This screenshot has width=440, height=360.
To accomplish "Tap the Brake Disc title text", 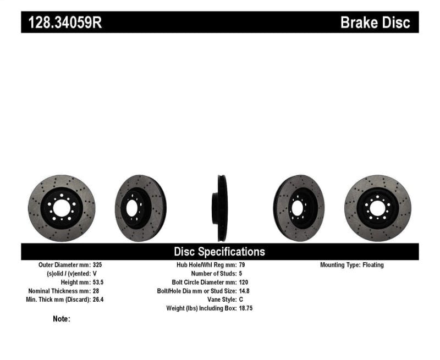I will tap(375, 23).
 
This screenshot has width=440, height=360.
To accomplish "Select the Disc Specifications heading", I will tap(219, 252).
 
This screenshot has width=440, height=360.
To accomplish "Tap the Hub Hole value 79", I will tap(243, 265).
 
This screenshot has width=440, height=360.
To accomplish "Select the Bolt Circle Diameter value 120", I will tap(244, 282).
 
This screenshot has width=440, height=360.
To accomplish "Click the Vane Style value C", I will tap(241, 300).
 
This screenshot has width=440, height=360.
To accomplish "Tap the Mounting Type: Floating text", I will tap(352, 265).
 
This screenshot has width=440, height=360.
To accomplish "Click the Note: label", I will tap(61, 319).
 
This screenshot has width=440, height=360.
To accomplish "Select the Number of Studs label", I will tap(213, 273).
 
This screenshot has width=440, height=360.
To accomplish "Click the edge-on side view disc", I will tap(221, 208).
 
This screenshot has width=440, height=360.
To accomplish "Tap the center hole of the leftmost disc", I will tap(61, 208).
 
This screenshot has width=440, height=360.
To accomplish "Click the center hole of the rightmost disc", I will tap(377, 208).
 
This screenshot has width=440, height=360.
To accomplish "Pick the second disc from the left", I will tap(140, 208).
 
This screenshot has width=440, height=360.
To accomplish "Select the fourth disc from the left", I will tap(299, 208).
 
